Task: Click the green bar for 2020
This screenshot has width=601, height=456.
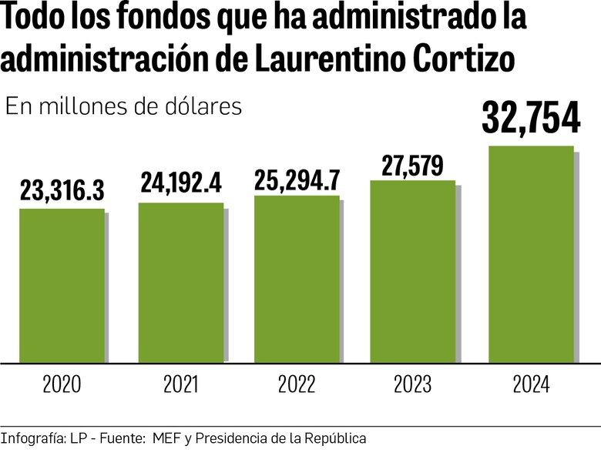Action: [x=62, y=285]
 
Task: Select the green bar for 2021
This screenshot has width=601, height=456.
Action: [x=181, y=282]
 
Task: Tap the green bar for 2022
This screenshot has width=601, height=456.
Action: [x=297, y=278]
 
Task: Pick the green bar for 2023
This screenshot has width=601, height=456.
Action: [x=412, y=271]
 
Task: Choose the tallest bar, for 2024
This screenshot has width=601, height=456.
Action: [x=532, y=253]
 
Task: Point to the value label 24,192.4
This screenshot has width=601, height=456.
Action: [x=181, y=183]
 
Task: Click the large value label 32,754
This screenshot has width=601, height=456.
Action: [x=531, y=119]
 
